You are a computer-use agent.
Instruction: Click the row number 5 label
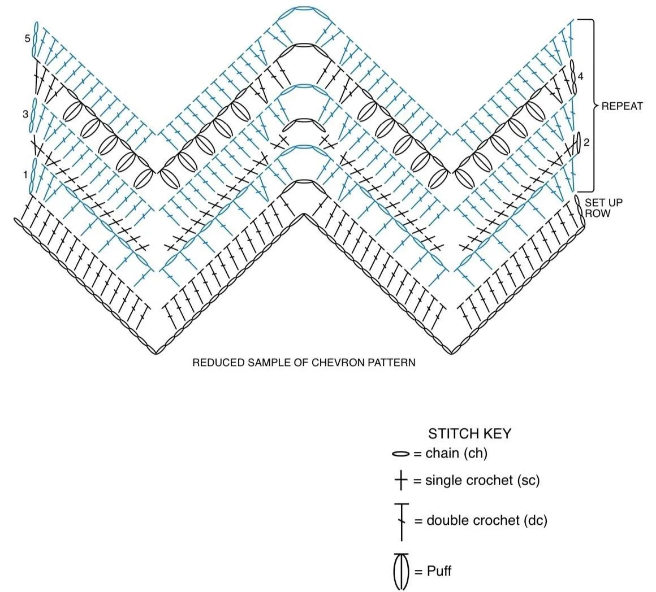[27, 39]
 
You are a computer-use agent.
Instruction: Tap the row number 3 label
[25, 114]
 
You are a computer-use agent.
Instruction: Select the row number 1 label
[25, 174]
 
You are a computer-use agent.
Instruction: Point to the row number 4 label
[580, 76]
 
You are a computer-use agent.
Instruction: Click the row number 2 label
[586, 142]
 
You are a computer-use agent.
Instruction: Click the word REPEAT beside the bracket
[622, 106]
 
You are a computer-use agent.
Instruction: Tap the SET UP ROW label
[603, 208]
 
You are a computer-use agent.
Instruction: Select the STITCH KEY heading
[469, 434]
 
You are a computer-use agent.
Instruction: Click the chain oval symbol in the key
[401, 454]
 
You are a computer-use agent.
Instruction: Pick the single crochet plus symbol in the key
[401, 481]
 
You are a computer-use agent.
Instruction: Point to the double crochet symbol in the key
[402, 522]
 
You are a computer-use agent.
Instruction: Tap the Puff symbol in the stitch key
[401, 571]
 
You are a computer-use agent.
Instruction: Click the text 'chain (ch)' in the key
[456, 453]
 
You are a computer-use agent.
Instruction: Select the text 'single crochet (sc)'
[482, 481]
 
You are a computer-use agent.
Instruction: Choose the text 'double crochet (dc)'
[487, 520]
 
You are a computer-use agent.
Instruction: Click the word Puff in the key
[439, 571]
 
